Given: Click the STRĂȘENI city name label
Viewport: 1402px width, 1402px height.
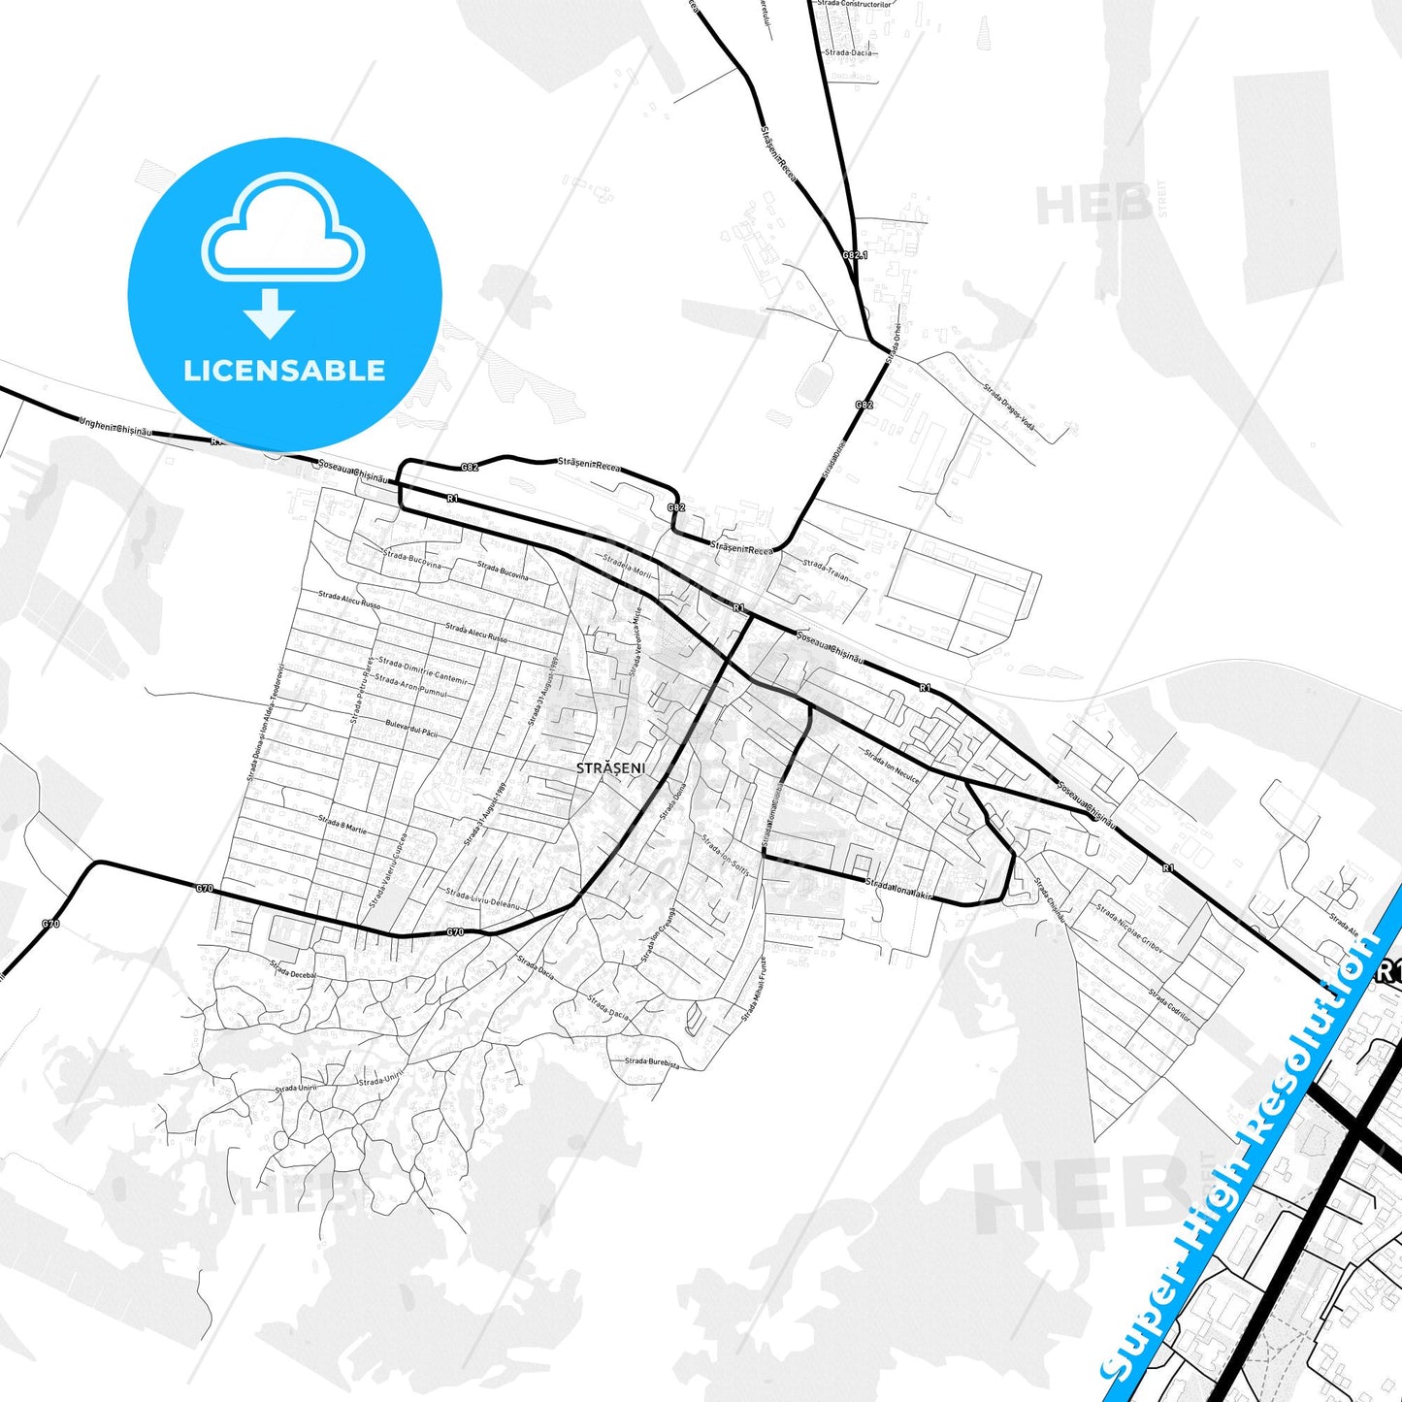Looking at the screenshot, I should point(610,767).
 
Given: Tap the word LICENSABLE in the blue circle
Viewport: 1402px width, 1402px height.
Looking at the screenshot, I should point(284,371).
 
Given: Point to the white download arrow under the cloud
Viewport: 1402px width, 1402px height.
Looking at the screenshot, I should point(270,312).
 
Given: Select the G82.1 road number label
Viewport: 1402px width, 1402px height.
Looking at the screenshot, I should point(854,255).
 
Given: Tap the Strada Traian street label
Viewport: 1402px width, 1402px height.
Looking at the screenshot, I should point(826,570).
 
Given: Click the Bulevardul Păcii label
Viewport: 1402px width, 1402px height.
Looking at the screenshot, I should point(411,728).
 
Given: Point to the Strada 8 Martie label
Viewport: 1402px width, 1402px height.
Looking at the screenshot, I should point(342,826).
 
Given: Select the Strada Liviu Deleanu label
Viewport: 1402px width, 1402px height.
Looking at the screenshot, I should point(482,897).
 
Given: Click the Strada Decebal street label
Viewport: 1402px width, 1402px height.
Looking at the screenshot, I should point(294,969).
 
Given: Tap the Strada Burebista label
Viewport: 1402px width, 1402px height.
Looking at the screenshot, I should point(651,1062).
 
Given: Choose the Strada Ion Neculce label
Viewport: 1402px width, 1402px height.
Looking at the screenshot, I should point(892,766).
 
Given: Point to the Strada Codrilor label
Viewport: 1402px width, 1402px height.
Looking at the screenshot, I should point(1169,1004).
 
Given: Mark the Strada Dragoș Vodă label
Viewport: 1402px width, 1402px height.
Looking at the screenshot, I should point(1009,408).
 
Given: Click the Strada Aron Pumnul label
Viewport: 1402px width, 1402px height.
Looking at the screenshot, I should point(411,686).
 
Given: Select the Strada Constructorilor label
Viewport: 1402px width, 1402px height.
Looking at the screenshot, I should point(854,4).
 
